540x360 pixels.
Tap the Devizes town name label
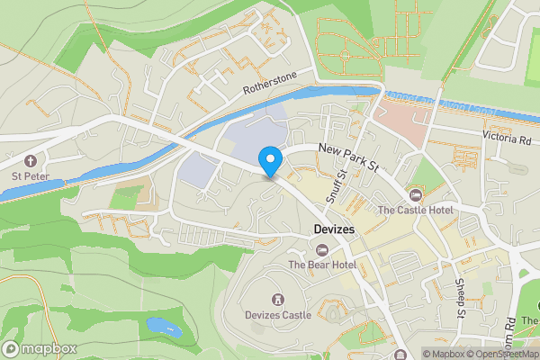coord(335,230)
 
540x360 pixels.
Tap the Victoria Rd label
coord(507,139)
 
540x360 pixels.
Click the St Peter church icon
coord(30,160)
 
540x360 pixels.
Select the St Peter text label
coord(30,176)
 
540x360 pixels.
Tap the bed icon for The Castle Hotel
coord(415,194)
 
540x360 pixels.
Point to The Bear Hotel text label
coord(322,265)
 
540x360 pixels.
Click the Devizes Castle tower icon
coord(278,299)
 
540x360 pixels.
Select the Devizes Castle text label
coord(278,315)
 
